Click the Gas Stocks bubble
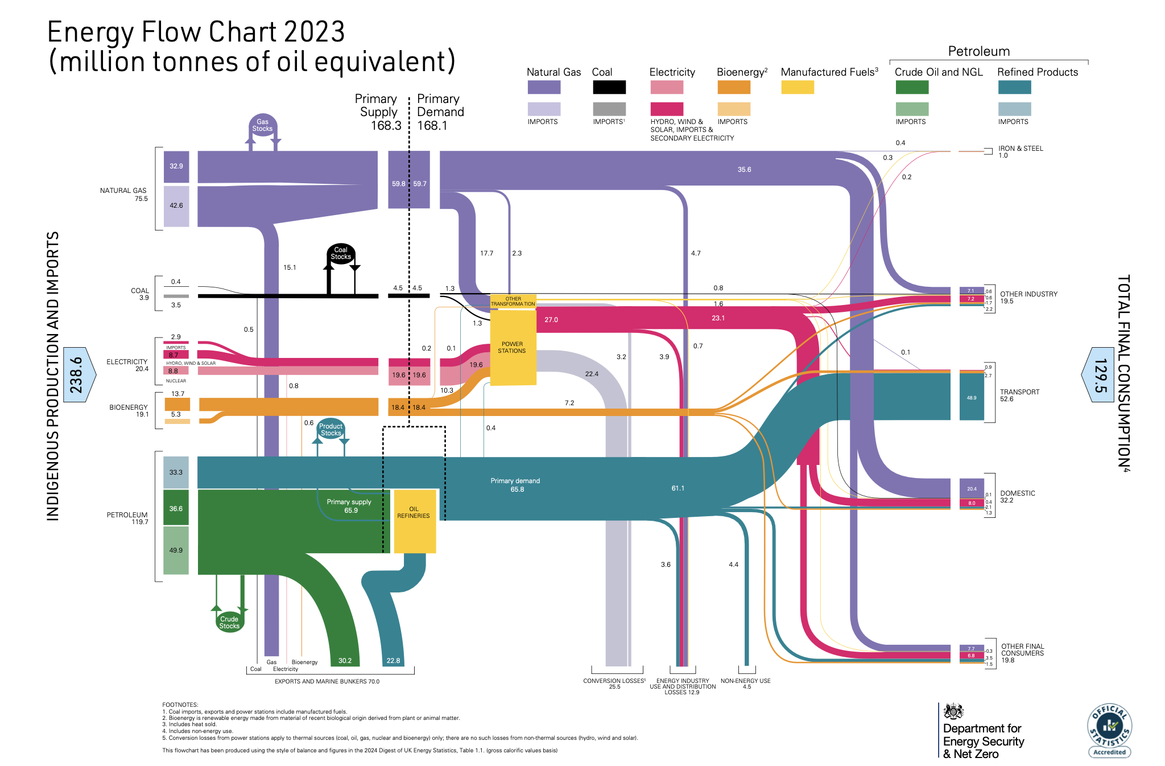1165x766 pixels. coord(262,125)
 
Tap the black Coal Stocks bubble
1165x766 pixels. coord(341,253)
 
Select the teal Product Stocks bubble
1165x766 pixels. coord(331,430)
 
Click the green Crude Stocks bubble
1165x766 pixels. coord(229,622)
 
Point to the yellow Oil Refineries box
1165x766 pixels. coord(414,520)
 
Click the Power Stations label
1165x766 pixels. coord(512,348)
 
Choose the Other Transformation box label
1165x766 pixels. coord(513,302)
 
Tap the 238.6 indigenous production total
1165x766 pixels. coord(76,375)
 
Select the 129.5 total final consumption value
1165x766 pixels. coord(1101,375)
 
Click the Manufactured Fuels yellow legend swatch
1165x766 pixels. coord(797,88)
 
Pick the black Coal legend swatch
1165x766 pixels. coord(609,88)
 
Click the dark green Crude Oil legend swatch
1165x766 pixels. coord(911,88)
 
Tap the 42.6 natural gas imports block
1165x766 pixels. coord(176,206)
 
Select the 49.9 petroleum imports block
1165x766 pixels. coord(176,550)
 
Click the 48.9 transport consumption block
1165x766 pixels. coord(971,397)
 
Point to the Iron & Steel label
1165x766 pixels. coord(1021,149)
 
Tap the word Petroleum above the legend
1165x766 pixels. coord(978,52)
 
